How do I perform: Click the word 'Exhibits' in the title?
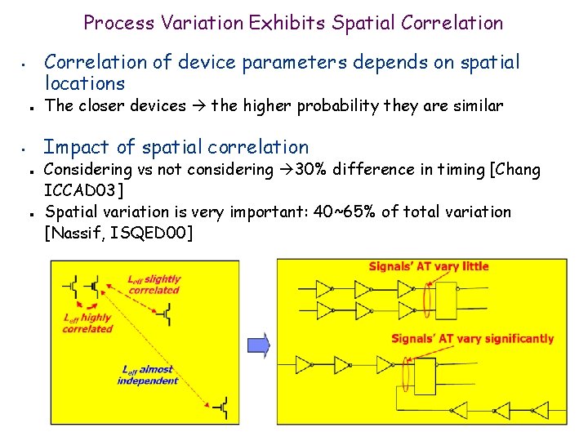point(286,22)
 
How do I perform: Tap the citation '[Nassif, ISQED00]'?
point(119,234)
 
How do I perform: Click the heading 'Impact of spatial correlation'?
point(176,147)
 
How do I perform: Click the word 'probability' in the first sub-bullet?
point(339,105)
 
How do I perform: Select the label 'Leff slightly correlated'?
point(154,284)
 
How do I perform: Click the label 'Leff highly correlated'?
point(87,323)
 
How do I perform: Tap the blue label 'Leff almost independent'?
point(148,375)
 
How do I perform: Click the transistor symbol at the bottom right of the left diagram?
point(220,406)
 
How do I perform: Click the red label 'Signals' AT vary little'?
point(429,266)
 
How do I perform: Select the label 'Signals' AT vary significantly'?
point(472,339)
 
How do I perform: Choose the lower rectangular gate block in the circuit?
point(425,376)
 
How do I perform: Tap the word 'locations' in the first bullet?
point(84,83)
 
